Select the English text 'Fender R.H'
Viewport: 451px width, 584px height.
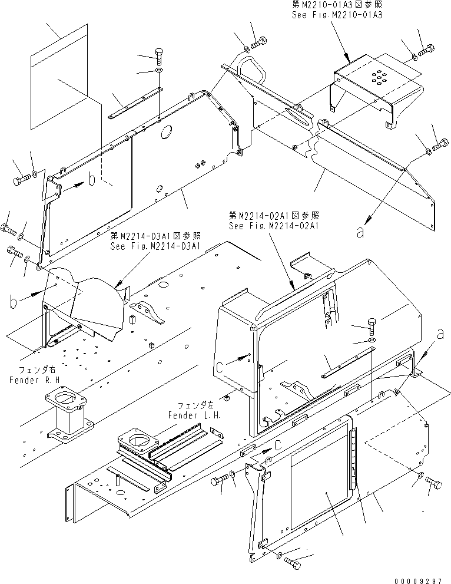pos(33,381)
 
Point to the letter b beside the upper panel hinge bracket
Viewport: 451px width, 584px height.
pos(91,180)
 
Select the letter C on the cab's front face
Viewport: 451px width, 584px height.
pos(236,366)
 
